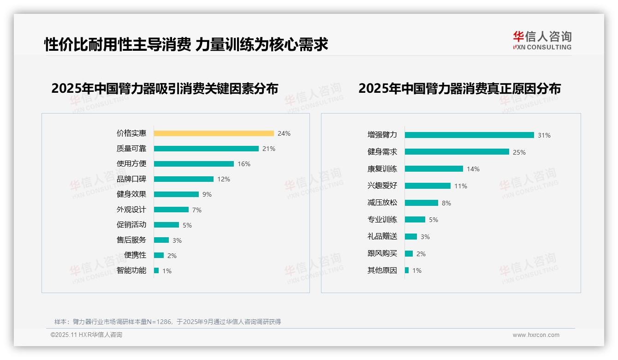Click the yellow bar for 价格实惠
point(214,133)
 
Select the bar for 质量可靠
point(206,149)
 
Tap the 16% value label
point(244,164)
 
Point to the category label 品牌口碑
point(131,179)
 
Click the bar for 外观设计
point(171,210)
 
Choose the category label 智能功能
point(131,270)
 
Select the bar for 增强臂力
point(469,135)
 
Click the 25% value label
point(519,152)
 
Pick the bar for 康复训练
point(434,169)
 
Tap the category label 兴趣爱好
point(382,186)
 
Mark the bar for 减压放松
point(421,203)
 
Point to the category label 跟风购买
point(382,254)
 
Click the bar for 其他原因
point(407,270)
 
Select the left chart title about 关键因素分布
point(165,89)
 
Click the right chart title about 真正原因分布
point(459,89)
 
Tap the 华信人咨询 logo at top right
point(542,41)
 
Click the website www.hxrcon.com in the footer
point(536,335)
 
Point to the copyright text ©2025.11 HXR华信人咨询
point(86,335)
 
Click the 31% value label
point(544,135)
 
